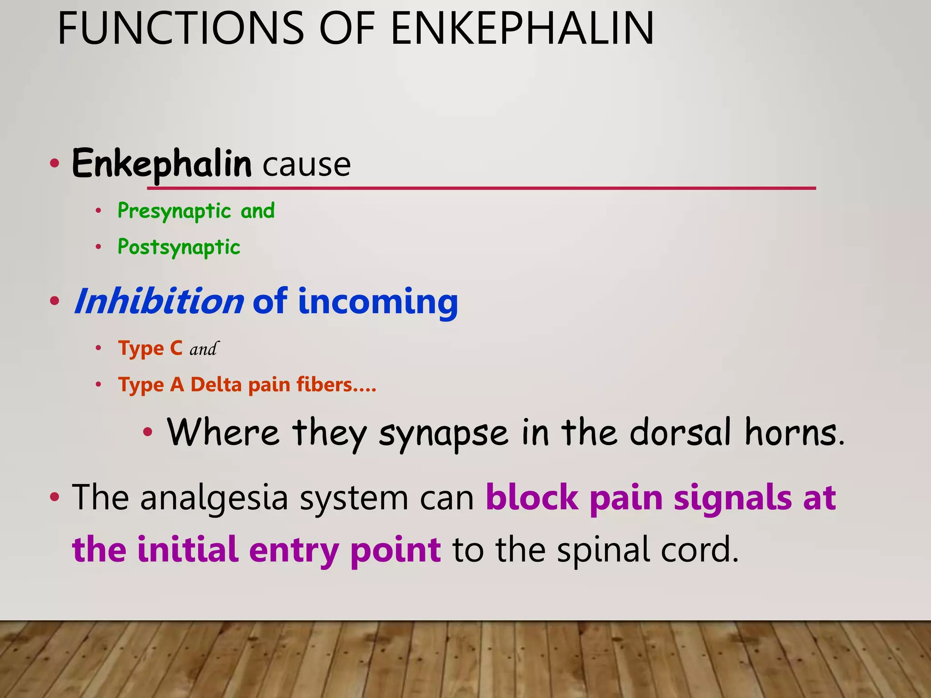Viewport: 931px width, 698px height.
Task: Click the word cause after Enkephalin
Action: (306, 165)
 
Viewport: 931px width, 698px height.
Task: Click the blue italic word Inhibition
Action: (159, 302)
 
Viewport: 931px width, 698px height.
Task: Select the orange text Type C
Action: (150, 349)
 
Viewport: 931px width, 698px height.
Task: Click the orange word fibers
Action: (324, 385)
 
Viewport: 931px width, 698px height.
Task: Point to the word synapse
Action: (443, 433)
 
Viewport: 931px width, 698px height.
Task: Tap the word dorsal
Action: (681, 432)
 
